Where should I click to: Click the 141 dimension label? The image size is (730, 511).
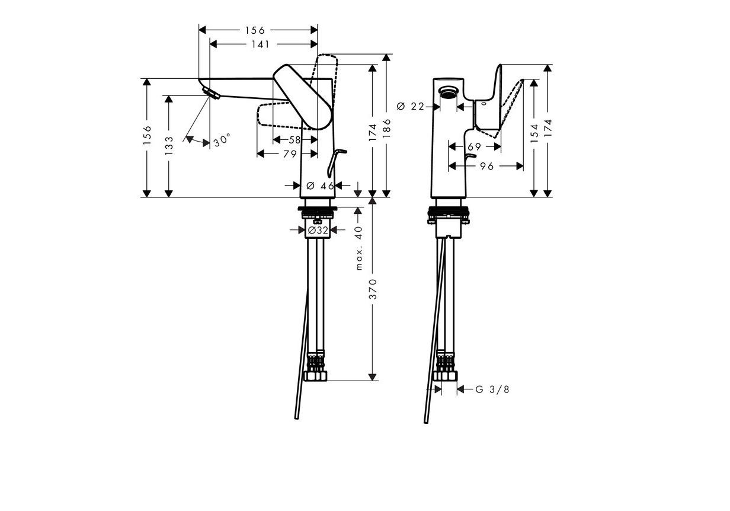tap(260, 44)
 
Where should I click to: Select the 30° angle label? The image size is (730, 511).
tap(222, 140)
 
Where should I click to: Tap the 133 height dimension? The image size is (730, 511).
tap(169, 145)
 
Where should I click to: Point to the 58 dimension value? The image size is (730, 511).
tap(294, 140)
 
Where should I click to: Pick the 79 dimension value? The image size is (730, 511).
tap(290, 154)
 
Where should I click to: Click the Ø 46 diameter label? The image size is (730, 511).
tap(321, 186)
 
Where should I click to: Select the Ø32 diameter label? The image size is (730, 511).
tap(318, 230)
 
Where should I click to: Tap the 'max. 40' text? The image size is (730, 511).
tap(358, 248)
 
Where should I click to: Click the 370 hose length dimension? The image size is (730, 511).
tap(373, 289)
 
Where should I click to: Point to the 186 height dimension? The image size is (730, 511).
tap(386, 128)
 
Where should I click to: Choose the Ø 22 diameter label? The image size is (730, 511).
tap(411, 106)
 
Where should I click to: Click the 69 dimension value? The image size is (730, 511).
tap(474, 147)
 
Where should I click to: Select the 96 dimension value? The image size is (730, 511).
tap(487, 167)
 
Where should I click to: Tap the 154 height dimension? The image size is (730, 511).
tap(534, 133)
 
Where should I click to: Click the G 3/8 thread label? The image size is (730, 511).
tap(492, 389)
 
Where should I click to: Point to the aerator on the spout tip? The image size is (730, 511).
tap(210, 92)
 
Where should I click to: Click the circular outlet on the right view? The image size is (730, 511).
tap(448, 92)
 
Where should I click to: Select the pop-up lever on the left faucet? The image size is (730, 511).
tap(335, 162)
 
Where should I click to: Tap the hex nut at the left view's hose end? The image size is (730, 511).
tap(315, 376)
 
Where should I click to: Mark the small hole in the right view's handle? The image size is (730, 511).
tap(483, 104)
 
